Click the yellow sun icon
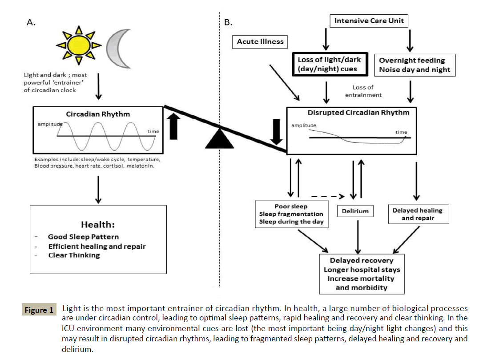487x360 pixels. pos(79,44)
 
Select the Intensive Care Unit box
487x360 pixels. pos(369,21)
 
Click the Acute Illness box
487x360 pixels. pos(260,42)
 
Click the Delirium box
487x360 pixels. pos(355,211)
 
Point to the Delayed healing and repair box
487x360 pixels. pos(418,214)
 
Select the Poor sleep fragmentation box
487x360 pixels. pos(291,214)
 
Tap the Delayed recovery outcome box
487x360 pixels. pos(362,274)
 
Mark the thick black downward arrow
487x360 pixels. pos(277,131)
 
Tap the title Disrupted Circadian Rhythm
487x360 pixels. pos(358,113)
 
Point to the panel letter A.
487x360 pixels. pos(31,23)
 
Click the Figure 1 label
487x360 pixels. pos(39,310)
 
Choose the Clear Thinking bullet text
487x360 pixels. pos(74,255)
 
